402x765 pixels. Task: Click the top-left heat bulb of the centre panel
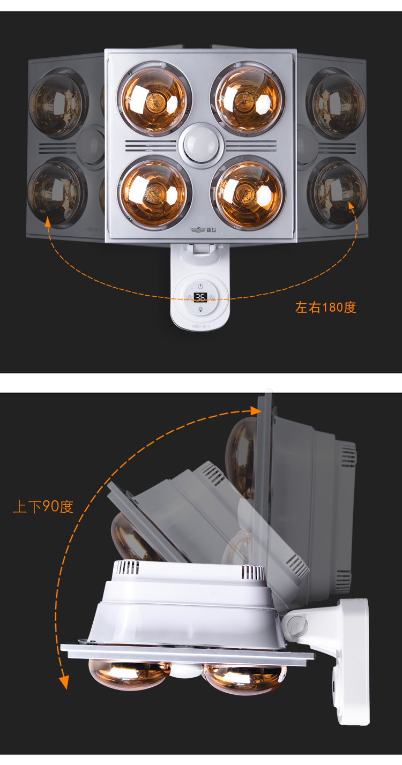click(x=154, y=99)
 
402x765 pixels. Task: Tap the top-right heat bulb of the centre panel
click(x=248, y=98)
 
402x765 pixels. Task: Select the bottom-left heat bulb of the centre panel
click(x=155, y=193)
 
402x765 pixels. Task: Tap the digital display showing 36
click(x=200, y=297)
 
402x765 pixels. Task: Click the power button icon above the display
click(x=200, y=286)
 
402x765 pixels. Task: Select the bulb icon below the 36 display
click(x=200, y=309)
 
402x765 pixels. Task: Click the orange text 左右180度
click(x=325, y=307)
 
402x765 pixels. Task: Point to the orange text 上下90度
click(x=43, y=507)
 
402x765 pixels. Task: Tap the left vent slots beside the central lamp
click(x=151, y=146)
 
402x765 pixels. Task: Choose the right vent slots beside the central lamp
click(x=250, y=146)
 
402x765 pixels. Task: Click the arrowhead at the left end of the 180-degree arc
click(x=48, y=221)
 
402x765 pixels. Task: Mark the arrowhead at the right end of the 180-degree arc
click(x=352, y=206)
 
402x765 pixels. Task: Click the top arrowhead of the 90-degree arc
click(x=256, y=410)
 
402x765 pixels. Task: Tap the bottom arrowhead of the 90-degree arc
click(x=64, y=682)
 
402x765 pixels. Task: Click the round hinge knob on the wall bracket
click(x=297, y=625)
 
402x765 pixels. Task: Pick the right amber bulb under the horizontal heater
click(x=244, y=678)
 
